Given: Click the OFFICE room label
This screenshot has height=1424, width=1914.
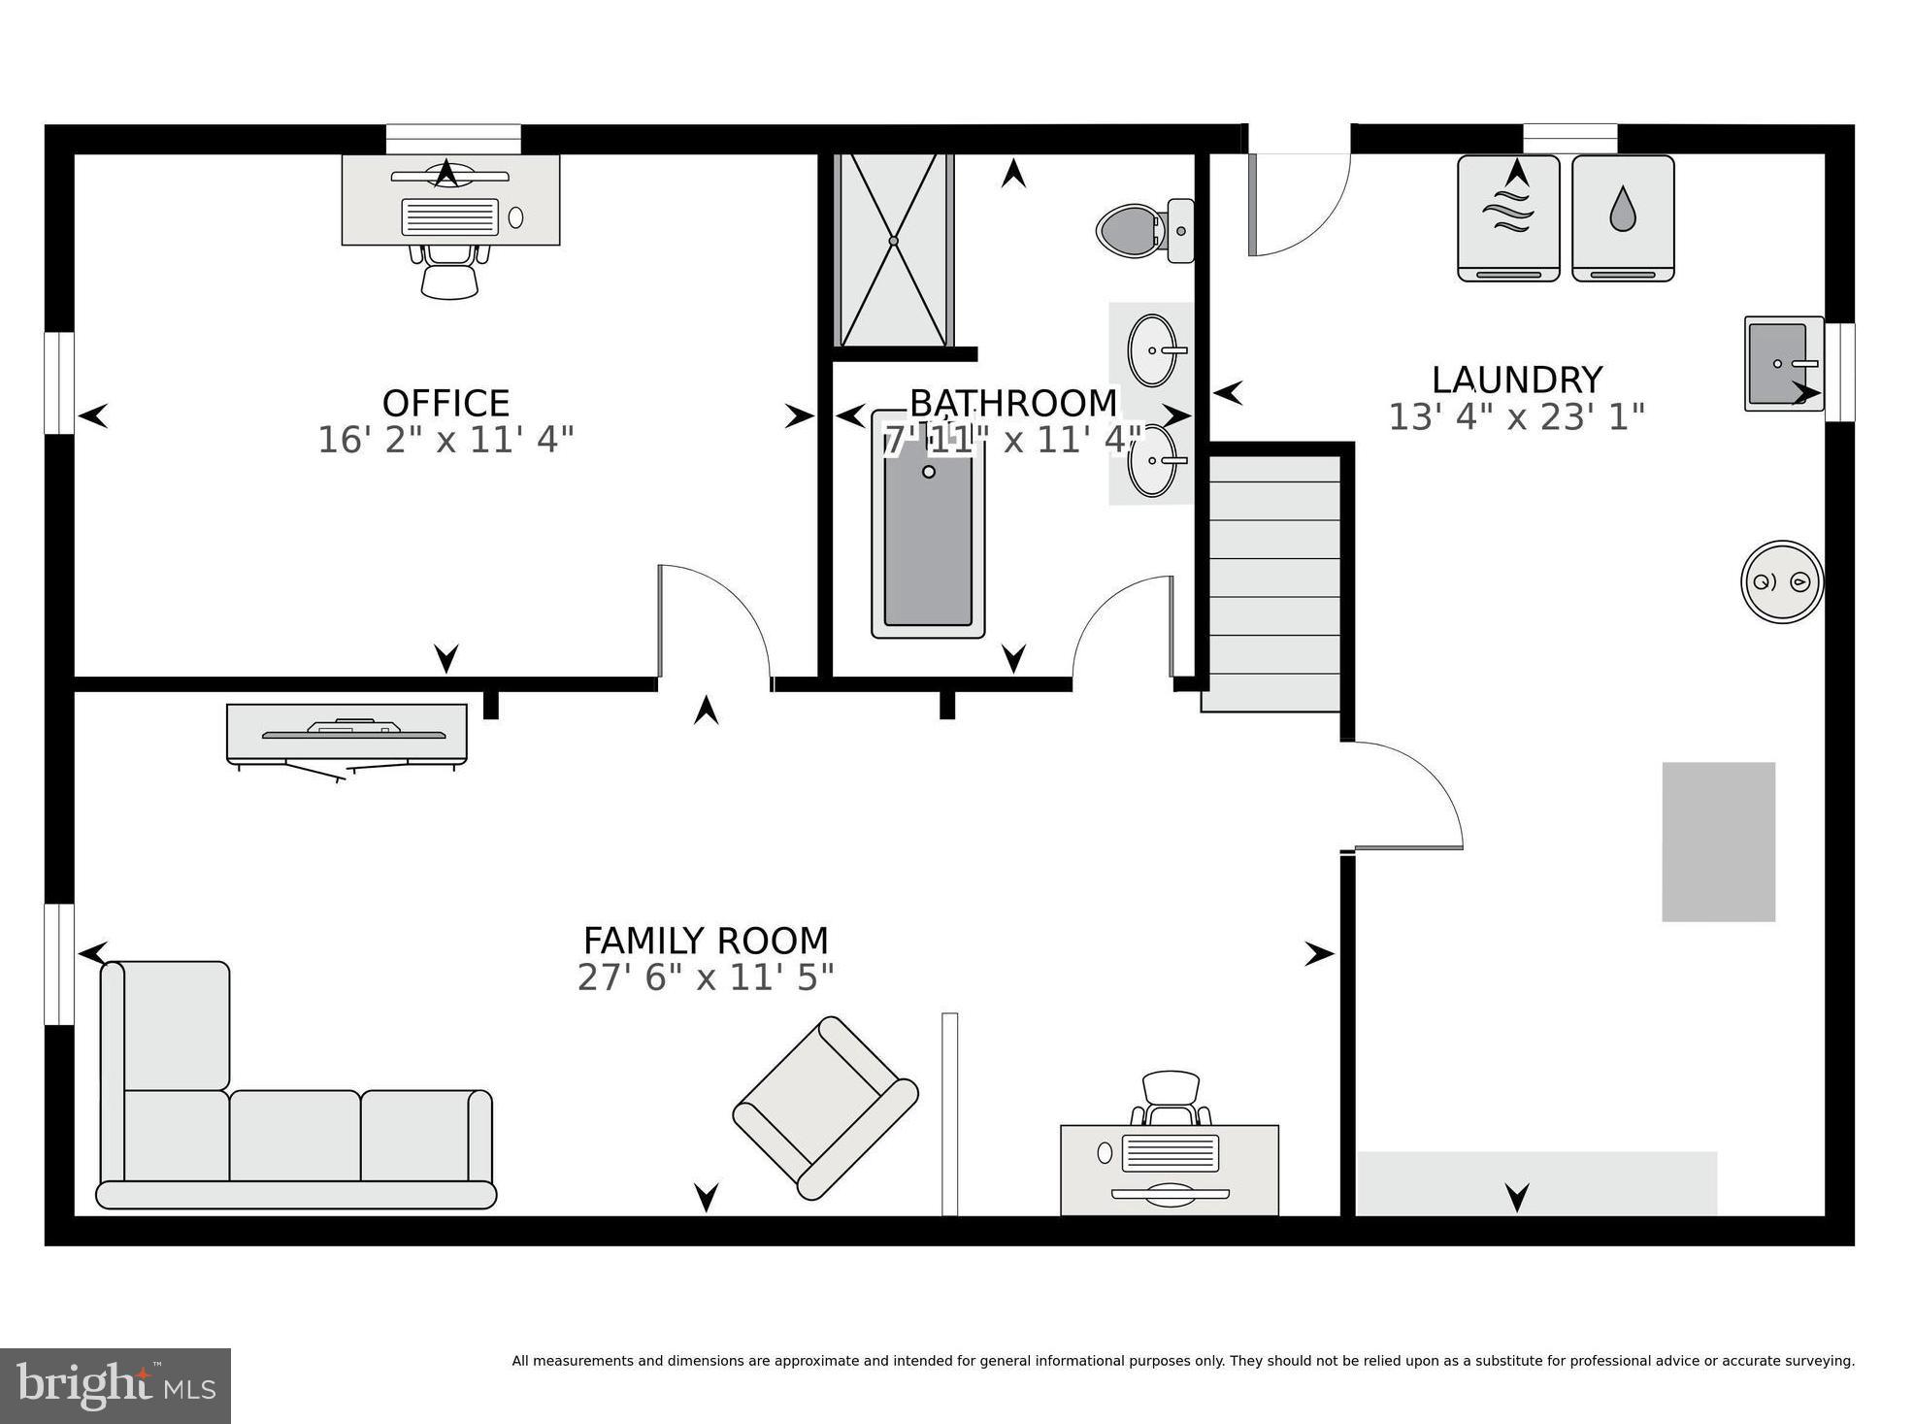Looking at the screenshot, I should pyautogui.click(x=445, y=403).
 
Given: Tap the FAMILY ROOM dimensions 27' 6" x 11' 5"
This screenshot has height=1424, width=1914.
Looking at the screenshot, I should pyautogui.click(x=706, y=977).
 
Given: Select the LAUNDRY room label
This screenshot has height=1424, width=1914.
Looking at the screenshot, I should pyautogui.click(x=1516, y=380).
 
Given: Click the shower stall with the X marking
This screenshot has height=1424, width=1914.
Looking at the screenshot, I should pyautogui.click(x=893, y=250).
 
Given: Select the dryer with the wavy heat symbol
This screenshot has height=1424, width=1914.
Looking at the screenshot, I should pyautogui.click(x=1508, y=219).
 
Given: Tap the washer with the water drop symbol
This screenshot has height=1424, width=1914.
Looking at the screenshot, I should pyautogui.click(x=1623, y=219).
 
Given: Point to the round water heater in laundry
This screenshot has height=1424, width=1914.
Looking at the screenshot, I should pyautogui.click(x=1781, y=581).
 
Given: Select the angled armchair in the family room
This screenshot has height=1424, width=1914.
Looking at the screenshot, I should pyautogui.click(x=826, y=1108).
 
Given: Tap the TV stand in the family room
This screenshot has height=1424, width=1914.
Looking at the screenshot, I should pyautogui.click(x=346, y=734).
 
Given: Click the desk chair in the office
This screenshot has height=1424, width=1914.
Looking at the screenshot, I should pyautogui.click(x=449, y=272).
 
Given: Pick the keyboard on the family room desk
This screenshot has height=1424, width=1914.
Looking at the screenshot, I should pyautogui.click(x=1170, y=1152).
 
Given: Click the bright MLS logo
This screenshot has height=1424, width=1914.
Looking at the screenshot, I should pyautogui.click(x=115, y=1385).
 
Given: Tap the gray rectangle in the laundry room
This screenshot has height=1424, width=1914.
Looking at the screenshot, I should pyautogui.click(x=1718, y=842).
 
